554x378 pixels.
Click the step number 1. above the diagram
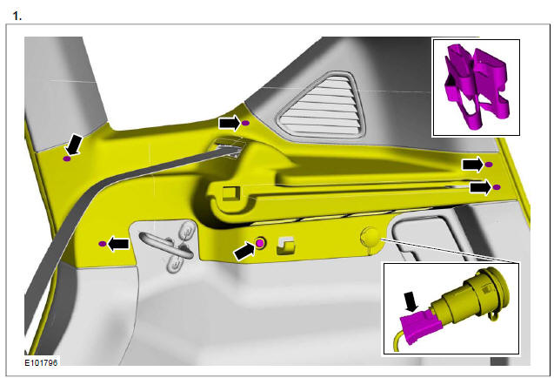(17, 16)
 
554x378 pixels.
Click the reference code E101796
(41, 363)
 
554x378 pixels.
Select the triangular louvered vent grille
(321, 105)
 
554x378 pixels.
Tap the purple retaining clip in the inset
(477, 85)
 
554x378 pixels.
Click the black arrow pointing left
(118, 244)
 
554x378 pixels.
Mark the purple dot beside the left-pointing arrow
(103, 244)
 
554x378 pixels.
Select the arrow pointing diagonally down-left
(75, 144)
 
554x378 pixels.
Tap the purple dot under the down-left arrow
(67, 159)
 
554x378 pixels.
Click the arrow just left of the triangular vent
(230, 123)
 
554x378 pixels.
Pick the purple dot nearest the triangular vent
(246, 123)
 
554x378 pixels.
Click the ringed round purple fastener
(260, 243)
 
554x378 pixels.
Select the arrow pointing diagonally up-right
(244, 251)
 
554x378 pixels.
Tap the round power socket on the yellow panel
(370, 236)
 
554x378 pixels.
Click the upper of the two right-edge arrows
(473, 165)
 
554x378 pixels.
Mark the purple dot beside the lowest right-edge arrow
(497, 187)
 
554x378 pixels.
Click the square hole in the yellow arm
(230, 193)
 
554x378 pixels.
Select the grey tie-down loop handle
(165, 244)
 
